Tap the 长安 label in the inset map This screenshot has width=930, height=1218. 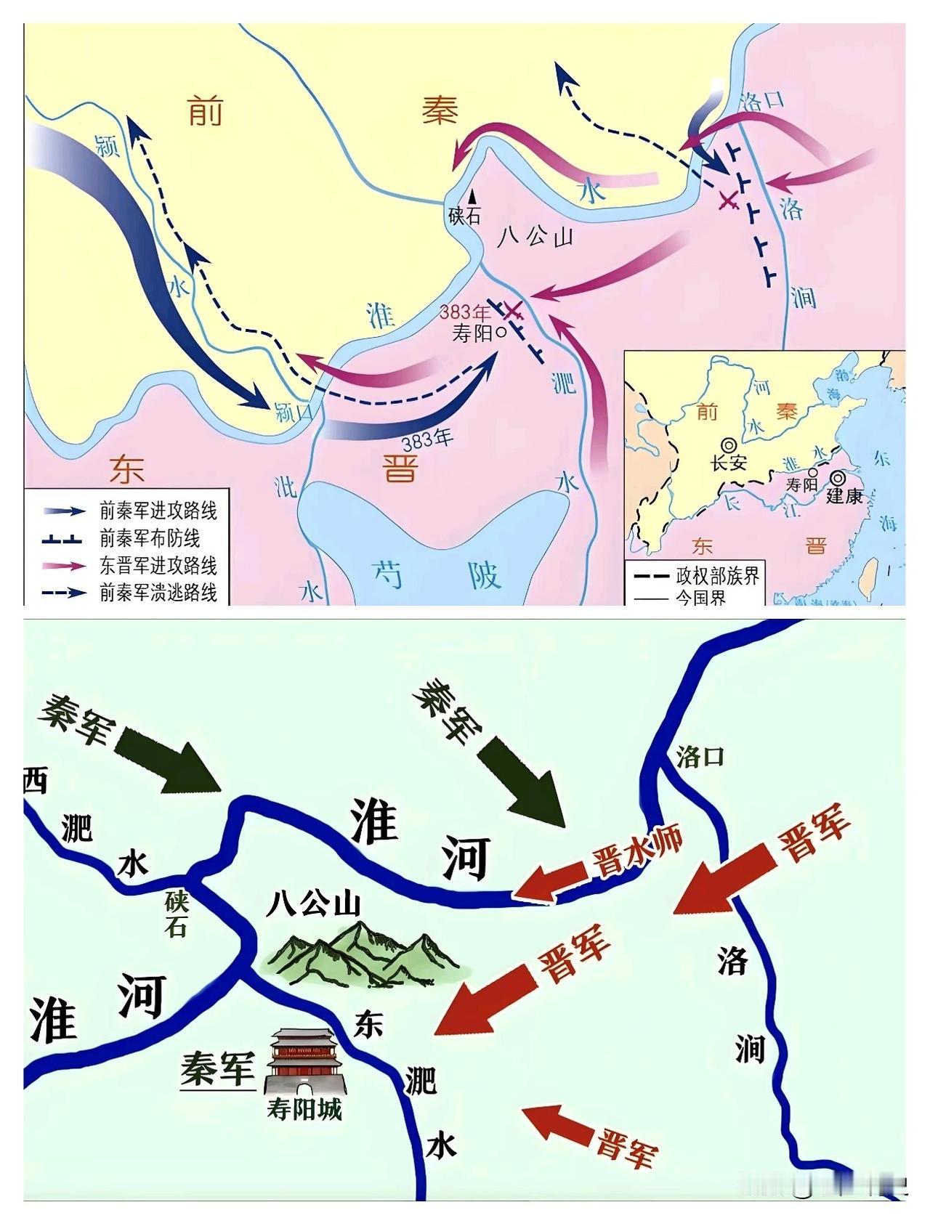pos(729,463)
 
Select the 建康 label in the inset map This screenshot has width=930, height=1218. pos(844,497)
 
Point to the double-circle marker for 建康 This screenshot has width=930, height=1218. pos(839,478)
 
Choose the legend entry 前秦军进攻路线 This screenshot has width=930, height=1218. pos(158,511)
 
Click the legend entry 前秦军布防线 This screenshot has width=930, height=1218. pos(150,538)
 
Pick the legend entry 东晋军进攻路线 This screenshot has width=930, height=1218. pos(158,566)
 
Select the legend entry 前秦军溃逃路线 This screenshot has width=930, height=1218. pos(158,593)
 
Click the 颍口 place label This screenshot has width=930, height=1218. pos(294,413)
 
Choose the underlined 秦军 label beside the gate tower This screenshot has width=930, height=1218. pos(218,1071)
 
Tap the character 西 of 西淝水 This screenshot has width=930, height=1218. pos(35,781)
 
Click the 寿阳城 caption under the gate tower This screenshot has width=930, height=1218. pos(304,1110)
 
